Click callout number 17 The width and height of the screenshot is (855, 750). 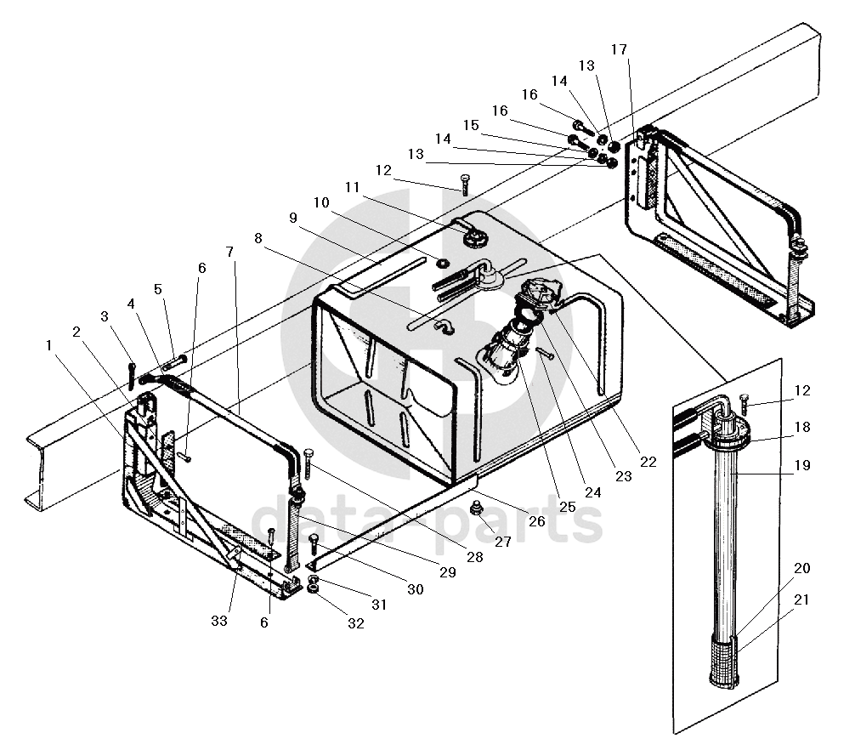pyautogui.click(x=619, y=49)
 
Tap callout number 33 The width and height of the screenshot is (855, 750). pyautogui.click(x=220, y=621)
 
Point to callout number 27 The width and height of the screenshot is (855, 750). pyautogui.click(x=504, y=541)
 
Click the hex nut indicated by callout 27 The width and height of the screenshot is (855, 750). pyautogui.click(x=477, y=510)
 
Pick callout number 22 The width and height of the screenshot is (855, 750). pyautogui.click(x=648, y=462)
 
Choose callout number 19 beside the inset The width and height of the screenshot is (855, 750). pyautogui.click(x=802, y=465)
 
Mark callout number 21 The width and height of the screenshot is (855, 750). pyautogui.click(x=802, y=599)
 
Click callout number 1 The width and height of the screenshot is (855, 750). pyautogui.click(x=49, y=345)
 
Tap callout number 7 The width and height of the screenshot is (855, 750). pyautogui.click(x=229, y=252)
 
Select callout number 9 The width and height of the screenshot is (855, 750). pyautogui.click(x=293, y=217)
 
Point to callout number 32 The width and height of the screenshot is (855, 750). pyautogui.click(x=355, y=622)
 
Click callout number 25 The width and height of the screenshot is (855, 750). pyautogui.click(x=567, y=507)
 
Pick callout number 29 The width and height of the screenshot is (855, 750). pyautogui.click(x=447, y=572)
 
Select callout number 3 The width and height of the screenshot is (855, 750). pyautogui.click(x=105, y=316)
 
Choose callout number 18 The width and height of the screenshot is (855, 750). pyautogui.click(x=802, y=427)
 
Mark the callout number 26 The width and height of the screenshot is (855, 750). pyautogui.click(x=536, y=521)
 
